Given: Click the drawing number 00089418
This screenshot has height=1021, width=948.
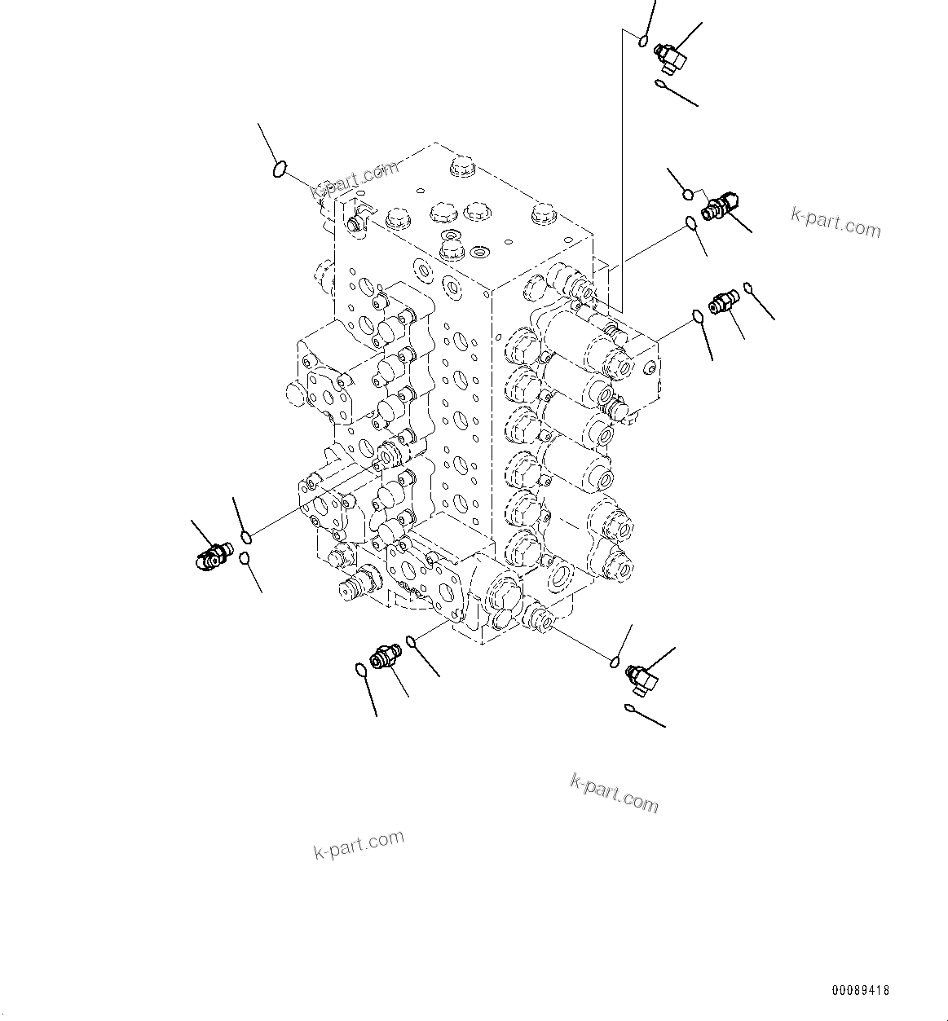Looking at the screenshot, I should coord(860,991).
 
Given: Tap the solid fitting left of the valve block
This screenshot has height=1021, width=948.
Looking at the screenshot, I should coord(212,558).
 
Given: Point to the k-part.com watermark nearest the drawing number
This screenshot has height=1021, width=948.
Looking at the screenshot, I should coord(614,793).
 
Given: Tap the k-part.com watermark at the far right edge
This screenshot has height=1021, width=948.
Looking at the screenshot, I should coord(836,221).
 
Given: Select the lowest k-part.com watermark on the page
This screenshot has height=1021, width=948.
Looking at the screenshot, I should coord(359,844).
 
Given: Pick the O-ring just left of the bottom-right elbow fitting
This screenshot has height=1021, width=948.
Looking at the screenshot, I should coord(616,660).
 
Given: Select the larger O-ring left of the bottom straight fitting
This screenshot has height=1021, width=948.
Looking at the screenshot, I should coord(360,670).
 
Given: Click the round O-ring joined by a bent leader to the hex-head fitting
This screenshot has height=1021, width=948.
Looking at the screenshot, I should coord(688,194).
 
